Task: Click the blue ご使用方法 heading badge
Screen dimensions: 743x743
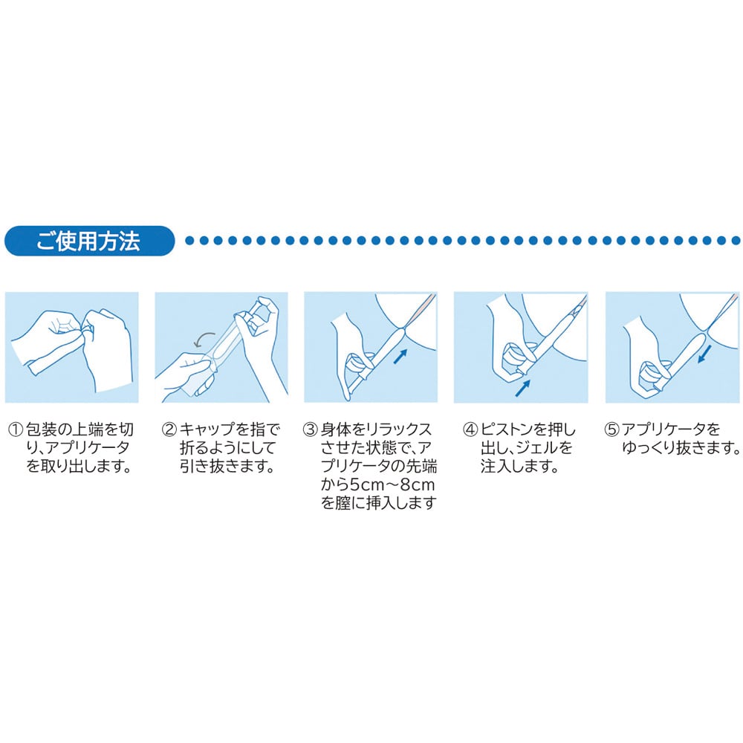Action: tap(90, 241)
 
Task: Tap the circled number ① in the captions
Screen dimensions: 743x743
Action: tap(16, 429)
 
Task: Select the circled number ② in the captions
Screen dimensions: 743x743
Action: tap(169, 429)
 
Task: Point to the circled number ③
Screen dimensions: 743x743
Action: tap(310, 429)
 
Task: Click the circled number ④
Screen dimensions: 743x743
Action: tap(470, 429)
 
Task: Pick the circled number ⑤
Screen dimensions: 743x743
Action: tap(611, 429)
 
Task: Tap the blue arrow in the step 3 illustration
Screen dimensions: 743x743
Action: tap(400, 357)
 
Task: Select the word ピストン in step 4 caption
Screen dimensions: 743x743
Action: tap(507, 429)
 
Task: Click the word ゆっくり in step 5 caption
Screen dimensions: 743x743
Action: tap(649, 448)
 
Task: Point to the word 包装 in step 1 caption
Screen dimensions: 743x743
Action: tap(41, 429)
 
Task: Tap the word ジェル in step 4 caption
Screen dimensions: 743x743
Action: tap(531, 448)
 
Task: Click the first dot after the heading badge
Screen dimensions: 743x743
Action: tap(190, 241)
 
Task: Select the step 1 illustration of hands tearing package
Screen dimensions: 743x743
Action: tap(71, 347)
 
